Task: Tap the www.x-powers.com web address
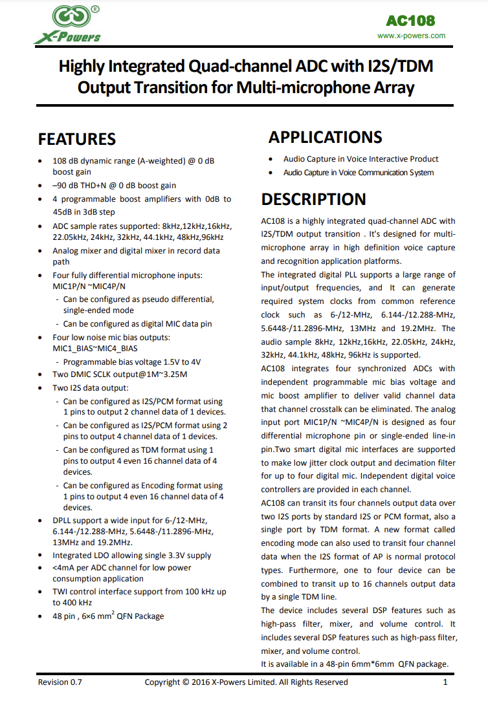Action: tap(411, 36)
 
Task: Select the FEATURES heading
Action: tap(77, 139)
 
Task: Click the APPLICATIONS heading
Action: tap(325, 137)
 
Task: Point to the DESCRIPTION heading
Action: tap(313, 199)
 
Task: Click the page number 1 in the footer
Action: tap(445, 682)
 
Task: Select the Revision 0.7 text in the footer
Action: tap(60, 682)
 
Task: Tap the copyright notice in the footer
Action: tap(246, 682)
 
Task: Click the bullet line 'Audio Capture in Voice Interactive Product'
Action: tap(360, 159)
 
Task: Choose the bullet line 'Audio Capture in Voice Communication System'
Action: tap(358, 173)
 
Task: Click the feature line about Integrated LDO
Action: tap(131, 555)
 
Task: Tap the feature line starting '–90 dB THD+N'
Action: tap(114, 185)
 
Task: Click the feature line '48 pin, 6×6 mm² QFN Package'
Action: tap(108, 616)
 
